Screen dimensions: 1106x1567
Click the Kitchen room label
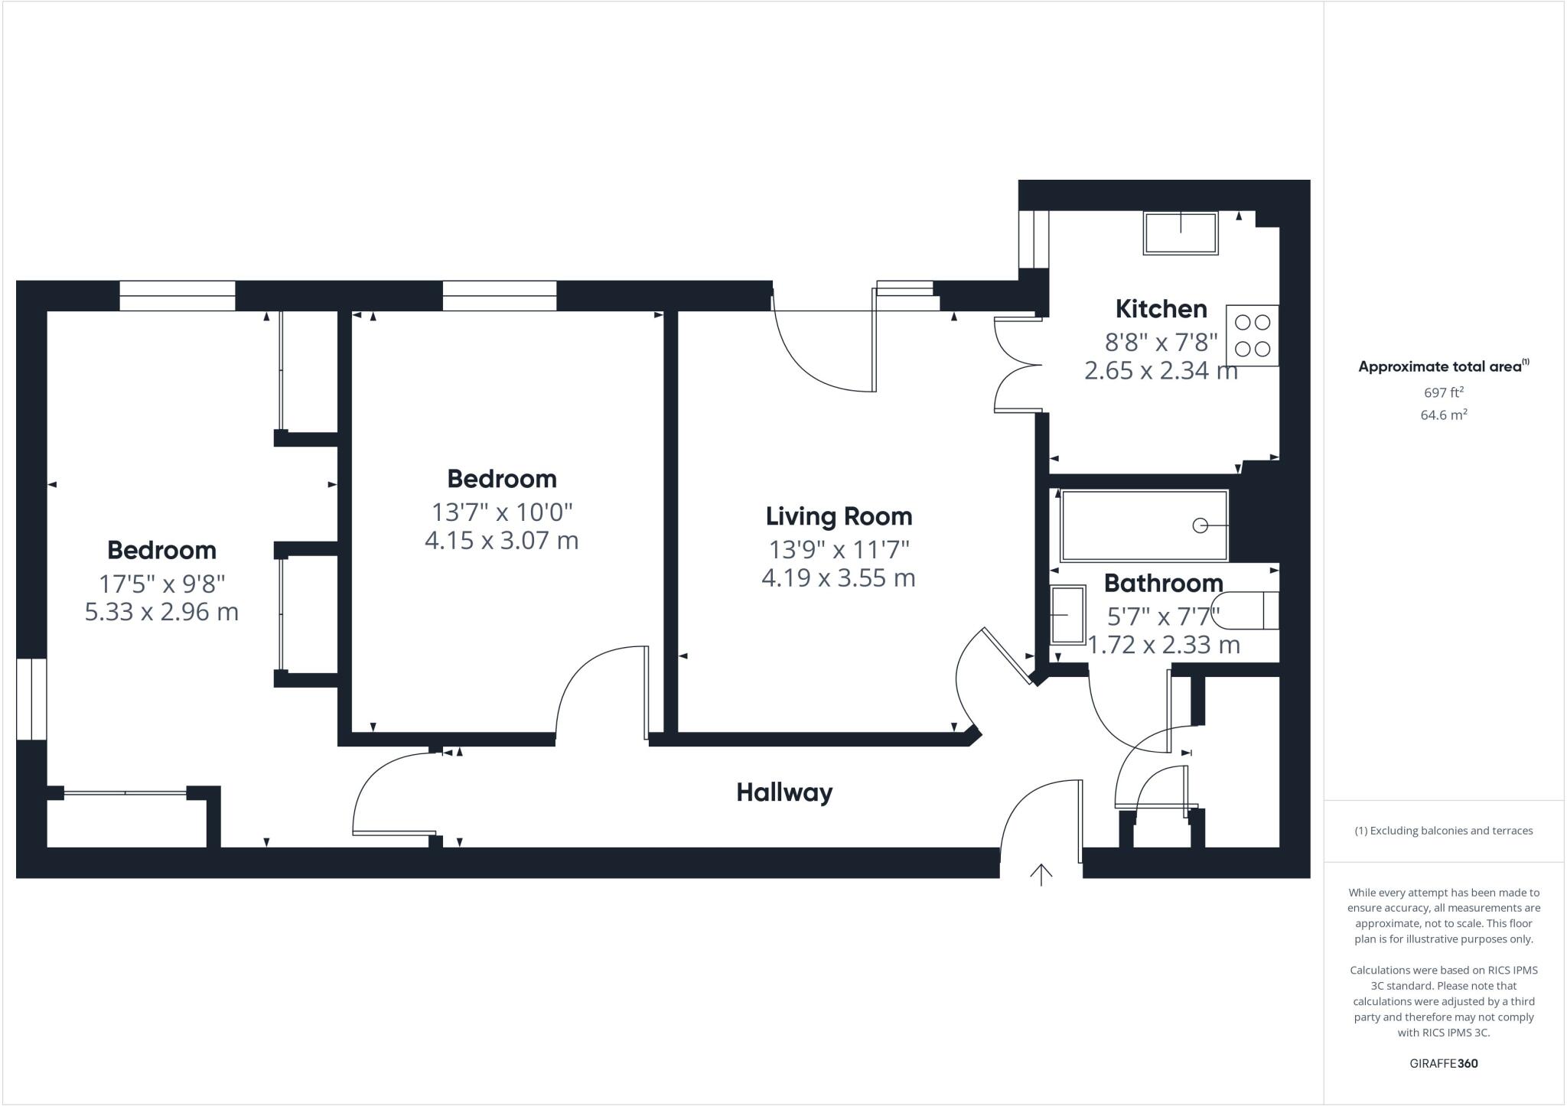click(1161, 309)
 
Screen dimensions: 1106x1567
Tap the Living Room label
click(839, 516)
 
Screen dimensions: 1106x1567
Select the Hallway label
click(783, 792)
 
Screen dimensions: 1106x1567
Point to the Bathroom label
click(1163, 584)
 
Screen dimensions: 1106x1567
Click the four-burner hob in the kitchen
click(1252, 336)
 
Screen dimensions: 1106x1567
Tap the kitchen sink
click(1180, 233)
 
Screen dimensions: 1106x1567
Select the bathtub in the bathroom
click(1143, 525)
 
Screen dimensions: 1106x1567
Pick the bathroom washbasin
click(1067, 614)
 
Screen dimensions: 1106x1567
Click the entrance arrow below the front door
click(1041, 873)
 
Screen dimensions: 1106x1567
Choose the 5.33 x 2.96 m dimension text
click(161, 613)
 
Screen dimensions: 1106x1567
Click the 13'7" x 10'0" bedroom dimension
click(501, 511)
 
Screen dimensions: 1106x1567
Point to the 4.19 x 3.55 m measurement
click(839, 578)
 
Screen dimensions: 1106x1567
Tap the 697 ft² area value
click(1443, 392)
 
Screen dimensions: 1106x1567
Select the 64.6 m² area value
click(1443, 415)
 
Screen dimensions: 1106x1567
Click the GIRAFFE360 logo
click(1443, 1063)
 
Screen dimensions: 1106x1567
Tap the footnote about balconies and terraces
click(1443, 831)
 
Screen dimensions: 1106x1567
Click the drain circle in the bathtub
click(1200, 525)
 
